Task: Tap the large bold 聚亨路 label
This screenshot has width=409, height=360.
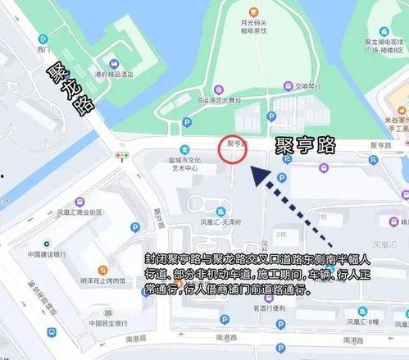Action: (306, 145)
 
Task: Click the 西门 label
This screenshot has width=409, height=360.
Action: (43, 50)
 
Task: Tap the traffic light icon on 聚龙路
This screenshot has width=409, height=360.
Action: (122, 155)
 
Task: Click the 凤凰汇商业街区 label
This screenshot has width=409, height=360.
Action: (80, 212)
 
